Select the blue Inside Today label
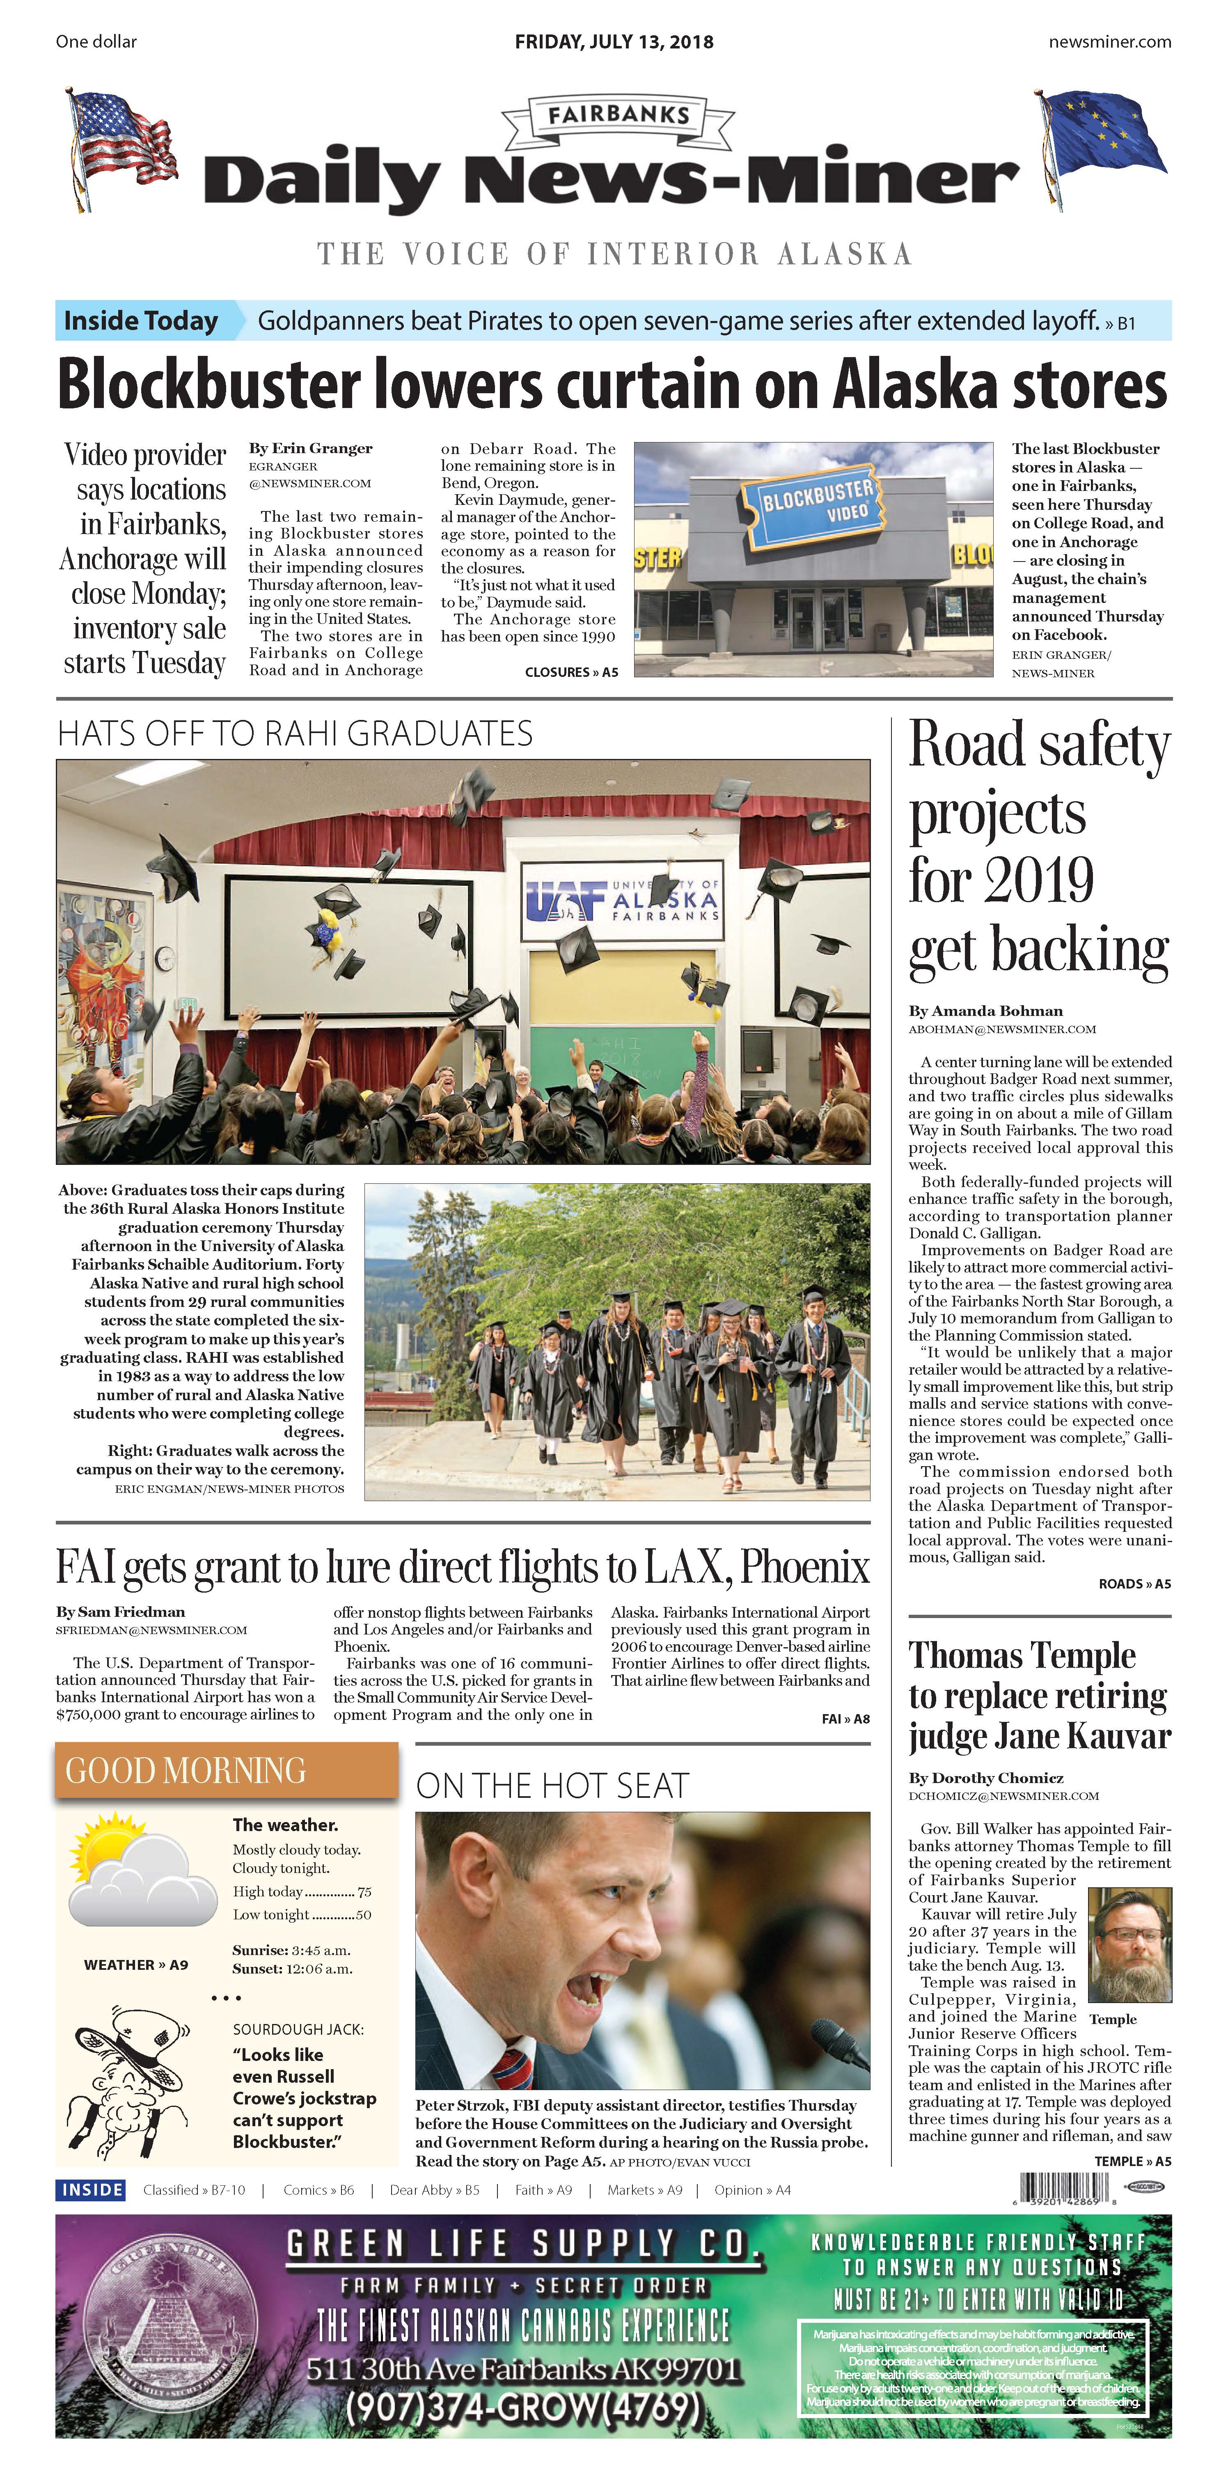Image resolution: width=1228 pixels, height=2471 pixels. click(141, 321)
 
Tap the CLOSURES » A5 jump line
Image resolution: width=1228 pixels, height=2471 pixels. click(571, 672)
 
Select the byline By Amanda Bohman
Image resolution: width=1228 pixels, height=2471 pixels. click(985, 1010)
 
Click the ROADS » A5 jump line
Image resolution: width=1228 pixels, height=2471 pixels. click(1134, 1584)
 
